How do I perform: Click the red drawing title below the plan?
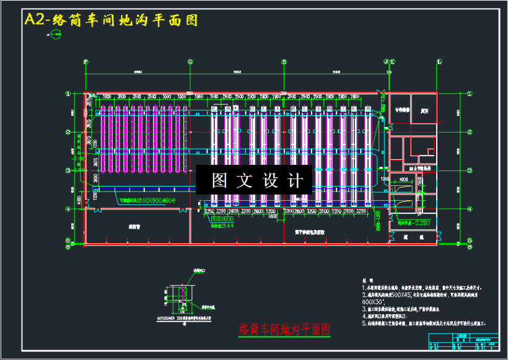pyautogui.click(x=284, y=329)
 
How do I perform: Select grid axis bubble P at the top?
pyautogui.click(x=85, y=61)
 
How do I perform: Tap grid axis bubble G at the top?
pyautogui.click(x=190, y=61)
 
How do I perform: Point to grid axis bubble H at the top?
pyautogui.click(x=284, y=61)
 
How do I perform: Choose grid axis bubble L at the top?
pyautogui.click(x=439, y=61)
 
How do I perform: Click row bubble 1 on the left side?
pyautogui.click(x=69, y=94)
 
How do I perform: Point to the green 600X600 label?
pyautogui.click(x=221, y=219)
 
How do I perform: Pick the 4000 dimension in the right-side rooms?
pyautogui.click(x=404, y=180)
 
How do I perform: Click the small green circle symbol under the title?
pyautogui.click(x=56, y=35)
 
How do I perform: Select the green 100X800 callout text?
pyautogui.click(x=149, y=201)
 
